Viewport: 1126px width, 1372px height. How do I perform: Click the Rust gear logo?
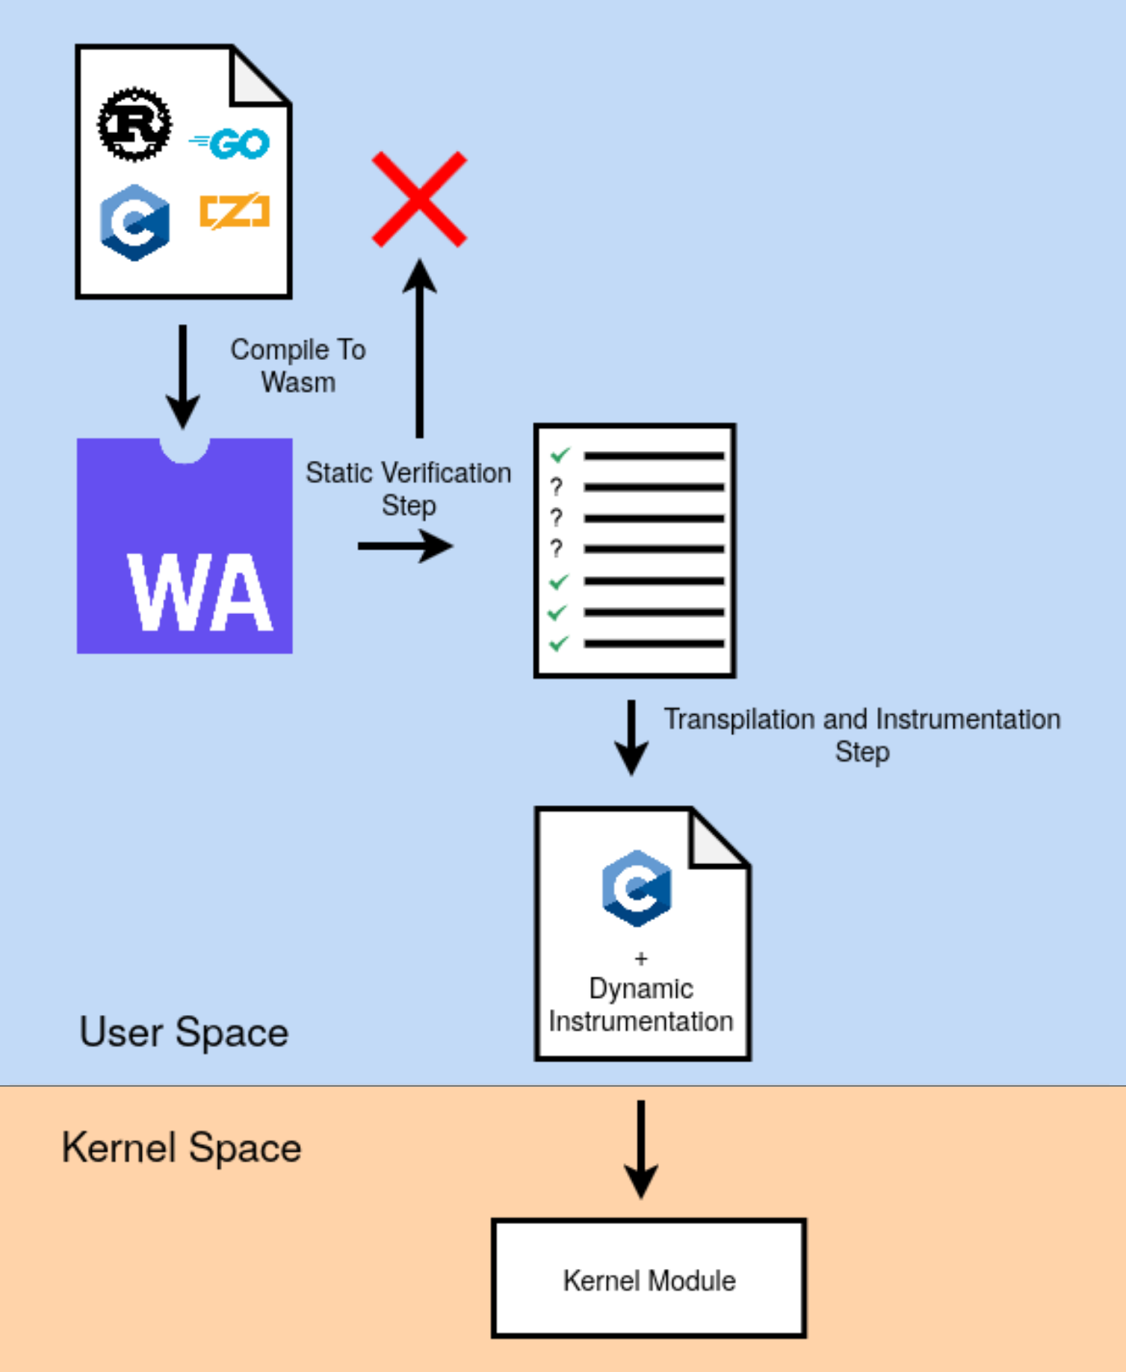coord(134,124)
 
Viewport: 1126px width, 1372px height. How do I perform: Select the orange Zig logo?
coord(235,211)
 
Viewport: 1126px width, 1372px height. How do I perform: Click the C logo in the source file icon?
coord(134,222)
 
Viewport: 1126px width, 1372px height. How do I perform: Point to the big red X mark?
coord(419,199)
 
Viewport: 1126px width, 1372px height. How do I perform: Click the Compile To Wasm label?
coord(298,366)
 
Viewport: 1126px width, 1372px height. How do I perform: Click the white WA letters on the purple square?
coord(199,593)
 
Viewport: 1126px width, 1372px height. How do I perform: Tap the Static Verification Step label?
coord(408,488)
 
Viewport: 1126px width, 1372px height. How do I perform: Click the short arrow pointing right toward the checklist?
coord(405,546)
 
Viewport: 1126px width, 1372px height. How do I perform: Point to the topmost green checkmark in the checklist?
coord(560,454)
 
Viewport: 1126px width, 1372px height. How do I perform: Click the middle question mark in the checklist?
coord(556,518)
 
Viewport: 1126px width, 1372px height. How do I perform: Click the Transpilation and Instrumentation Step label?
coord(861,735)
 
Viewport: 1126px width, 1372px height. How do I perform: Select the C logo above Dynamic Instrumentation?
coord(637,888)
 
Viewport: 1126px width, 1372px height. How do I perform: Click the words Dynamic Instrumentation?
coord(641,1005)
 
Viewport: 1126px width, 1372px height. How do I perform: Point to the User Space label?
coord(184,1032)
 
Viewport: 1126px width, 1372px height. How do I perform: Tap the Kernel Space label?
coord(182,1147)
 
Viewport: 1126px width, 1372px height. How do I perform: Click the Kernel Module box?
coord(649,1279)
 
